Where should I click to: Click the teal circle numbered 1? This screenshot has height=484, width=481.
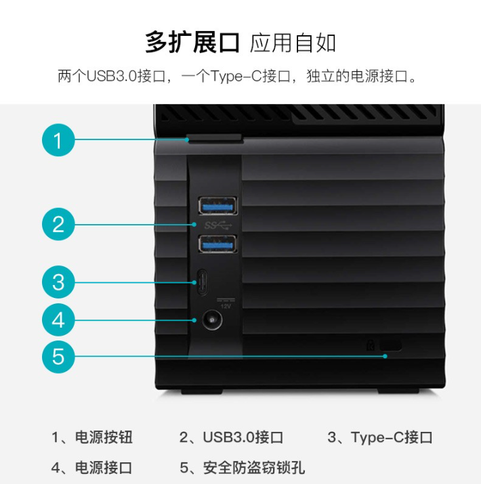pos(58,140)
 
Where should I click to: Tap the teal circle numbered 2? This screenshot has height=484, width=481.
pos(58,224)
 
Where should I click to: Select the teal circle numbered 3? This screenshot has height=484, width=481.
pos(58,282)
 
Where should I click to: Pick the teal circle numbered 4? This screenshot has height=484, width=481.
pos(58,320)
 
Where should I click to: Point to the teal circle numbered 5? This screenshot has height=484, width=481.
pos(58,357)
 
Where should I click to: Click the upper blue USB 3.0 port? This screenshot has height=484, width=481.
pos(217,205)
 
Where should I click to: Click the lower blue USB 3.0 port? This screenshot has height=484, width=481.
pos(217,244)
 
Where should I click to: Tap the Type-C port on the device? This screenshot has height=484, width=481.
pos(203,283)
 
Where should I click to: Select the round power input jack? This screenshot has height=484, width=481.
pos(212,320)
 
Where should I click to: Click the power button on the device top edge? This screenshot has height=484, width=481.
pos(214,139)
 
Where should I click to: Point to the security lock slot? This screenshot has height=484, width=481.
pos(390,345)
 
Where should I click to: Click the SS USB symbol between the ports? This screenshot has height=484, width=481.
pos(217,225)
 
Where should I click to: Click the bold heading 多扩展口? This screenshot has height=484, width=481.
pos(192,42)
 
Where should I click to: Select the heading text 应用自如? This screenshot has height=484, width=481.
pos(293,43)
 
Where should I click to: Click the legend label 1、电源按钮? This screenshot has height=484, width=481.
pos(92,437)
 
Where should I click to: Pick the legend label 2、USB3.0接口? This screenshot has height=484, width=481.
pos(231,437)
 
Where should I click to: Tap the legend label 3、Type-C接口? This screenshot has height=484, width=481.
pos(380,437)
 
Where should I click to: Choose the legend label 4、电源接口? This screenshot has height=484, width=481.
pos(91,467)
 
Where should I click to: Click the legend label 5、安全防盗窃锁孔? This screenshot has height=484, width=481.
pos(243,467)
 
